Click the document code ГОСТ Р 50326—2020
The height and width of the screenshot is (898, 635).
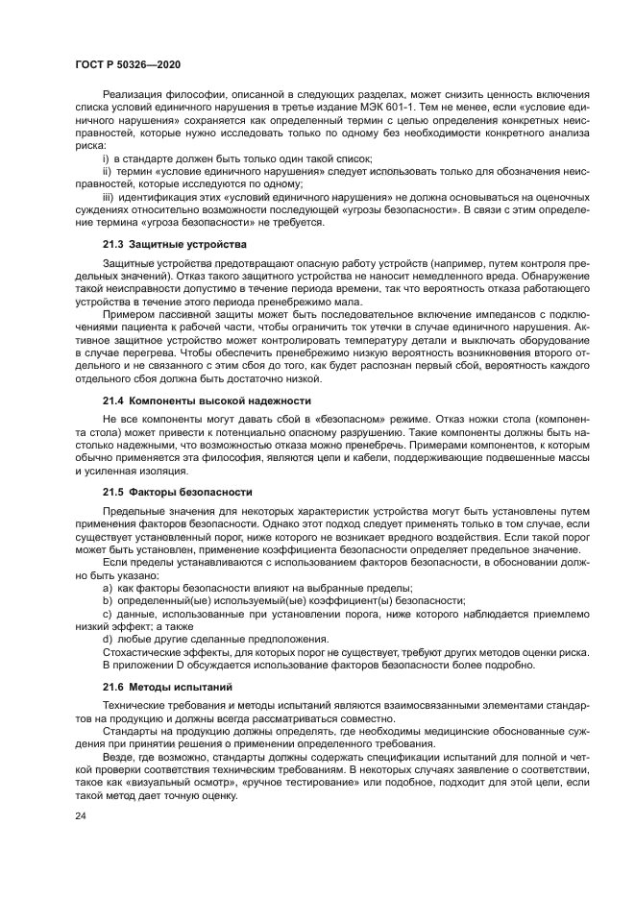pos(128,62)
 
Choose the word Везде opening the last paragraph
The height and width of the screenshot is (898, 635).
pos(119,757)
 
